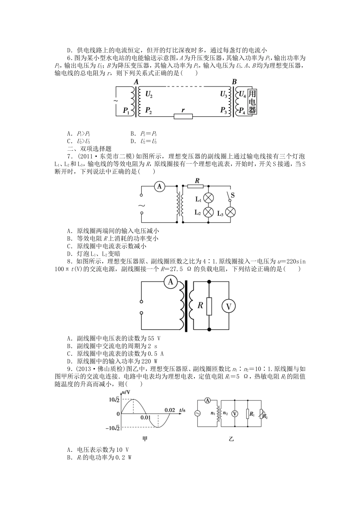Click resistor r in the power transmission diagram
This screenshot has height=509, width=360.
[183, 116]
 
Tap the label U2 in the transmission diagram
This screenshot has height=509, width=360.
[149, 94]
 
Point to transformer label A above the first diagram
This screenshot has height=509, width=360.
[136, 82]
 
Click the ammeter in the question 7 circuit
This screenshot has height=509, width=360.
[159, 186]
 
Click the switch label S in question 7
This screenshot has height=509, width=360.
[233, 195]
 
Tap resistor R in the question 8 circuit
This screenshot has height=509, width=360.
[209, 306]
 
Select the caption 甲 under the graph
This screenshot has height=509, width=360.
[144, 439]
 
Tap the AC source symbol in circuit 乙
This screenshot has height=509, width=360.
[197, 414]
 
